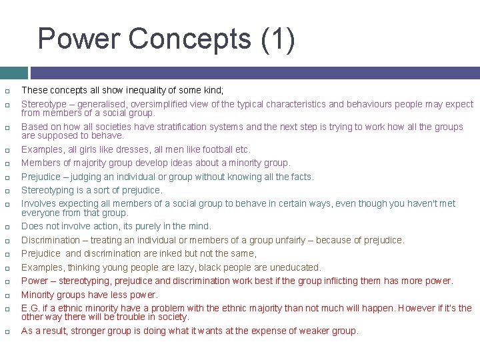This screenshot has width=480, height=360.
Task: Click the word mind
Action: point(199,226)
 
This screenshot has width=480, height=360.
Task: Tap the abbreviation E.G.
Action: point(31,308)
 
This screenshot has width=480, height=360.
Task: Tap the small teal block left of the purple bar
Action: point(13,73)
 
